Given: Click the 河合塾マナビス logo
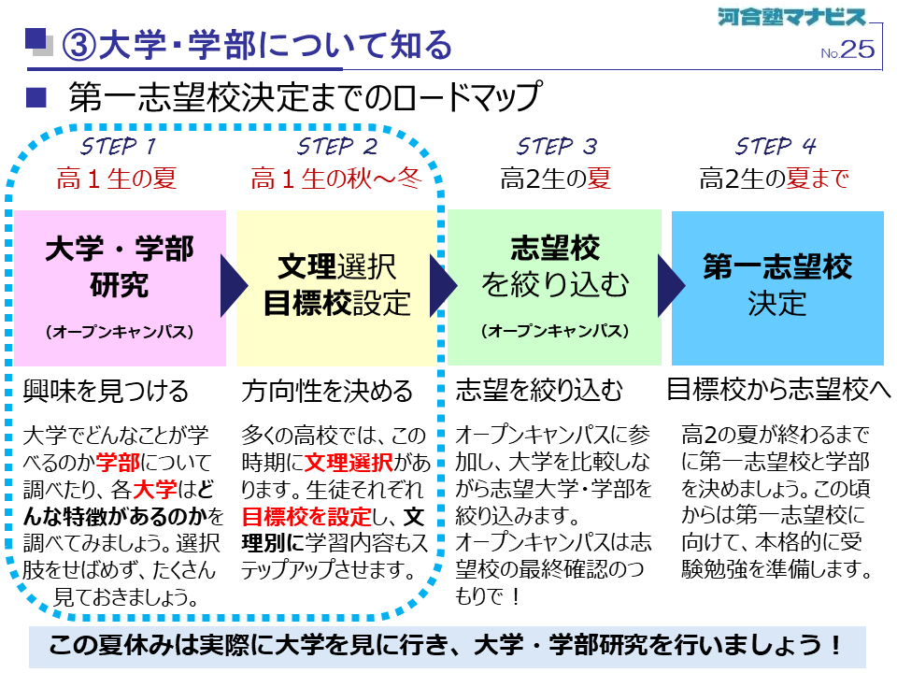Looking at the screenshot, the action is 791,17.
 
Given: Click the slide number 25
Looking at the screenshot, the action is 858,50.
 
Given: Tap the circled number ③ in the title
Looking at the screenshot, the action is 78,45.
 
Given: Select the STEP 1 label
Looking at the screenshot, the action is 118,147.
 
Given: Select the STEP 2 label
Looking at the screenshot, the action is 337,147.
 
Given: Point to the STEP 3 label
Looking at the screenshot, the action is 557,147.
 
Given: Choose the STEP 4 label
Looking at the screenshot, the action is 776,147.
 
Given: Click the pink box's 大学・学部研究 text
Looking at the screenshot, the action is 120,266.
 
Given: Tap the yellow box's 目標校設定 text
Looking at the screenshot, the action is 337,303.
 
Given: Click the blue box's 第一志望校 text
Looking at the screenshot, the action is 777,266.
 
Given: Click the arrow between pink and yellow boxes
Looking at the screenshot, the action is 234,286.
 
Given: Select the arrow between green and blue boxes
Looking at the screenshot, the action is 671,286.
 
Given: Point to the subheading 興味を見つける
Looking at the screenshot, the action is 106,392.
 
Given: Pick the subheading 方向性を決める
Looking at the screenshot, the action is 327,392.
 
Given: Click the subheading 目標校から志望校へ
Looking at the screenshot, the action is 778,391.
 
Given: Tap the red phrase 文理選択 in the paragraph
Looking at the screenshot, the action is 349,463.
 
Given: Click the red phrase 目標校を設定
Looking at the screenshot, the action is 306,517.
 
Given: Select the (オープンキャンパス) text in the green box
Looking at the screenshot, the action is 555,331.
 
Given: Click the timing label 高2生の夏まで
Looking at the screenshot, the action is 774,179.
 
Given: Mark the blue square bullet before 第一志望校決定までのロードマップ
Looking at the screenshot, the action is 36,98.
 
